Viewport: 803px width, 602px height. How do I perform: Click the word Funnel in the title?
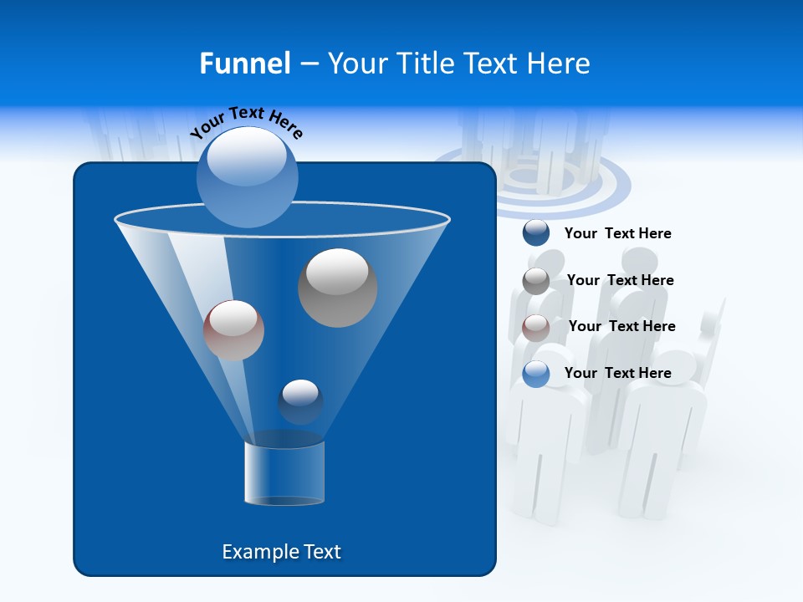(x=245, y=64)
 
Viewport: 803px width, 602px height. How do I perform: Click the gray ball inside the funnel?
(x=337, y=287)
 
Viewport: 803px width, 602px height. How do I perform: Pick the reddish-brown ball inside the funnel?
(x=233, y=330)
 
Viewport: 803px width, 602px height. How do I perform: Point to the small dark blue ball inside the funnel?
(x=300, y=401)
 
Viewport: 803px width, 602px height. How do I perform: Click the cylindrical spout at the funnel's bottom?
(x=284, y=473)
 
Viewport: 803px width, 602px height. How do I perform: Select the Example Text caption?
(x=281, y=552)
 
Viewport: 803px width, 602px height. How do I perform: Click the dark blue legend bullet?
(x=536, y=233)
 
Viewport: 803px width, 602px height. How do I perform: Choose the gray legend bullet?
(x=536, y=280)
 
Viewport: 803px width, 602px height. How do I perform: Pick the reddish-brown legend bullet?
(x=536, y=327)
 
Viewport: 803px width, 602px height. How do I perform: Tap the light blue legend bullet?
(x=536, y=374)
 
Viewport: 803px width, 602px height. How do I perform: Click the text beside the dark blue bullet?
(x=617, y=234)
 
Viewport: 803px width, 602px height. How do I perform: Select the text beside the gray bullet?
(x=620, y=281)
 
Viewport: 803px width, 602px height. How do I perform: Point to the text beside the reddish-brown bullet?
(x=621, y=327)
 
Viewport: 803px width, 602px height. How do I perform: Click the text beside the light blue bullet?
(x=617, y=374)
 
